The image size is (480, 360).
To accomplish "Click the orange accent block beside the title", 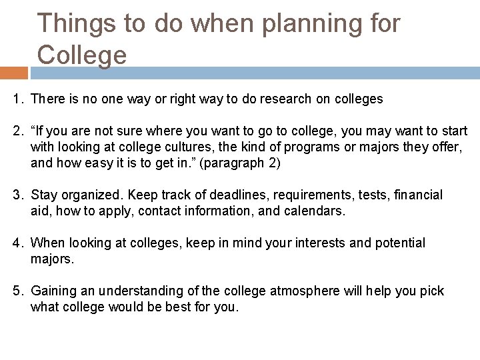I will click(14, 71).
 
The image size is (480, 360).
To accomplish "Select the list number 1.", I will click(17, 99).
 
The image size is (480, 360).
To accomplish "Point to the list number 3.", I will click(17, 195).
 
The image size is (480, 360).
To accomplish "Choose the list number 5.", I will click(17, 291).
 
